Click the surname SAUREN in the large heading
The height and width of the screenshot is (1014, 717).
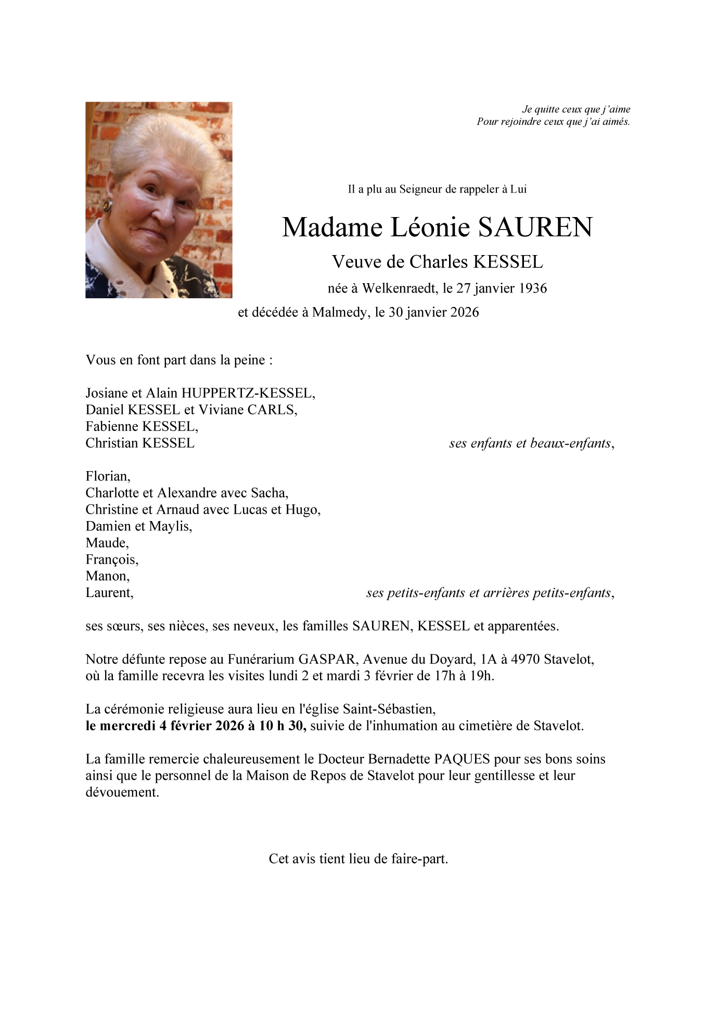(535, 227)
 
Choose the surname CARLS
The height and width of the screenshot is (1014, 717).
(271, 410)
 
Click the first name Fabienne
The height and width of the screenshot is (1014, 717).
(112, 426)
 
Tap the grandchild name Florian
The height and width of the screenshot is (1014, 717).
(107, 476)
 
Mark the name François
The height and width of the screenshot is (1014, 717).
(111, 560)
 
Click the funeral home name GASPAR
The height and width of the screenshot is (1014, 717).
(327, 660)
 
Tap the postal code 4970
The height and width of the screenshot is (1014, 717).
(526, 660)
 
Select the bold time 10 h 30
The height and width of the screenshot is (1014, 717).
(281, 726)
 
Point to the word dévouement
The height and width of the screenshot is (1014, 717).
(122, 792)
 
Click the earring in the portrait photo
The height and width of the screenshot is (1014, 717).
(107, 206)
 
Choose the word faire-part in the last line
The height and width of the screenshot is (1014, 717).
(422, 859)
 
